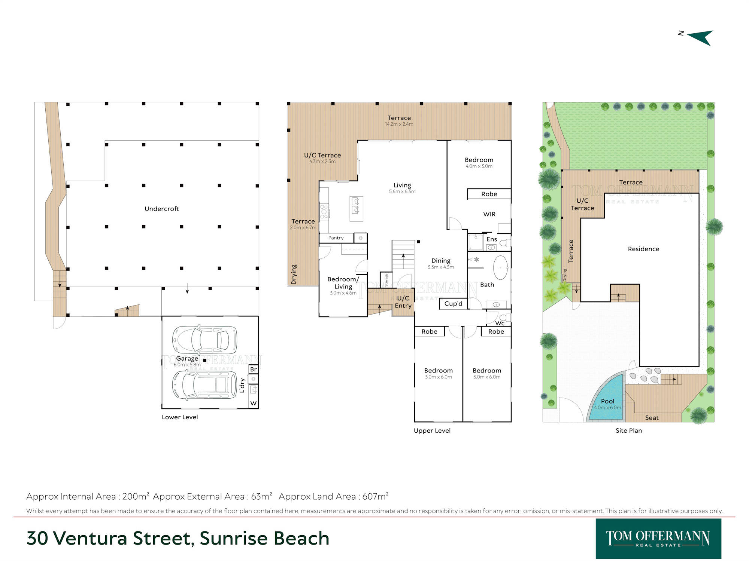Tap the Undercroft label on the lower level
click(x=162, y=209)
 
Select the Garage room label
click(x=187, y=358)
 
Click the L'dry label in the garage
click(x=242, y=386)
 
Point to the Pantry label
click(x=336, y=238)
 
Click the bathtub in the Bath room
click(x=501, y=267)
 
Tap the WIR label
click(x=489, y=214)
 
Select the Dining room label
click(x=441, y=261)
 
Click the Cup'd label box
click(x=453, y=304)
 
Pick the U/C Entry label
click(x=403, y=302)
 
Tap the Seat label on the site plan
click(x=652, y=418)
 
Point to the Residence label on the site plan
click(x=643, y=249)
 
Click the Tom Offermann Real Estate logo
click(x=658, y=539)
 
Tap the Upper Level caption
click(x=432, y=430)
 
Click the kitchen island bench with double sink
click(x=357, y=209)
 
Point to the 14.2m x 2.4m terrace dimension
click(x=399, y=124)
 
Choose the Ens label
click(x=492, y=239)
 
